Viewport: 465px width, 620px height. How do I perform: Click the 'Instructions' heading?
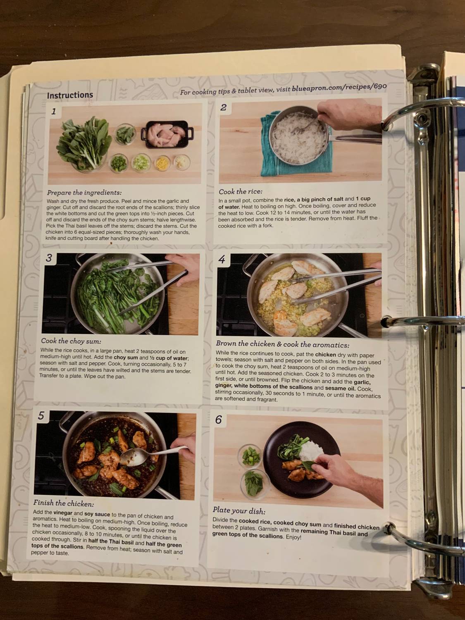70,95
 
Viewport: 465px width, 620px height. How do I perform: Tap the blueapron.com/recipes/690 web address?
339,87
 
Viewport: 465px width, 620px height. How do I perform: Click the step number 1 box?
54,111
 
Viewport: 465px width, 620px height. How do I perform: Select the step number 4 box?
222,259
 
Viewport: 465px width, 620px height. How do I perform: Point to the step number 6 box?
218,420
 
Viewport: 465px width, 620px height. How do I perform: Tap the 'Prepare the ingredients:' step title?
84,193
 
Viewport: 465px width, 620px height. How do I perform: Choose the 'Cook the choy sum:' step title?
71,341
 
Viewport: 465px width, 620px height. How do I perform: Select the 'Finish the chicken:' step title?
64,503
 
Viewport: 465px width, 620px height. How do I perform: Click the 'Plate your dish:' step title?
239,511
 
